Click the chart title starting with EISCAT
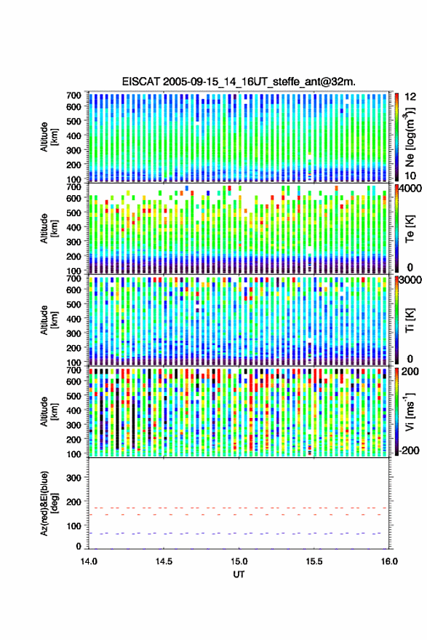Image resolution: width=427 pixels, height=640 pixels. pos(239,82)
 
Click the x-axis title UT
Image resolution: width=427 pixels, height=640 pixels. pos(239,574)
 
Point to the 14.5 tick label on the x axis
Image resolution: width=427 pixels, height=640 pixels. pos(164,561)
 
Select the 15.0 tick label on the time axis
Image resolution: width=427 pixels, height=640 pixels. pos(239,561)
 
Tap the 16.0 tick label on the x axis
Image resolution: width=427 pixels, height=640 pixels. pos(389,561)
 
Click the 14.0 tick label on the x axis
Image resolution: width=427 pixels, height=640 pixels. pos(89,561)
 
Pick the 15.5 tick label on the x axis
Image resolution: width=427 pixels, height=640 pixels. pos(314,561)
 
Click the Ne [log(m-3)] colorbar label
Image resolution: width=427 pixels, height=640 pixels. pos(409,136)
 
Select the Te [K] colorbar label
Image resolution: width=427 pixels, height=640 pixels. pos(410,228)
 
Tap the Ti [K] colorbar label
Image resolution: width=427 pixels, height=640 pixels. pos(410,320)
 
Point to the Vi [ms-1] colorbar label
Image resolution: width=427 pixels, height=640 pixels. pos(409,411)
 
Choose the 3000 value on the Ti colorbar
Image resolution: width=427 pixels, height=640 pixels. pos(411,280)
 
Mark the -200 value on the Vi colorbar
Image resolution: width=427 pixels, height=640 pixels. pos(409,451)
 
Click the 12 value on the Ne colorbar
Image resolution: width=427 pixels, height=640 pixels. pos(410,97)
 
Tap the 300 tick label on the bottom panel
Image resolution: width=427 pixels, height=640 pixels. pos(73,478)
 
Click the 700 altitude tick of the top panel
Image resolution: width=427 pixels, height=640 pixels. pos(73,95)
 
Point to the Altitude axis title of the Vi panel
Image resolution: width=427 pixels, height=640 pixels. pos(48,411)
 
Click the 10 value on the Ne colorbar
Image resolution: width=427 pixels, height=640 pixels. pos(410,176)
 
